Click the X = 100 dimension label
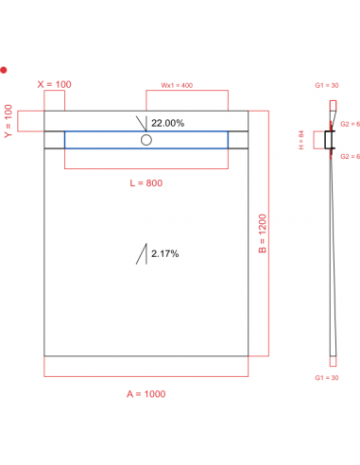(55, 85)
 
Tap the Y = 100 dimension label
(9, 120)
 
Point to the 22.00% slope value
(167, 123)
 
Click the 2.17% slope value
(164, 253)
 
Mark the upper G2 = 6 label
(348, 124)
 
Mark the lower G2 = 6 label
(348, 155)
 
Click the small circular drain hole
(146, 140)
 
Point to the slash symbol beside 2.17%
(143, 253)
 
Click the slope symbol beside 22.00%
(143, 123)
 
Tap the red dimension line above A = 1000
(146, 376)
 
